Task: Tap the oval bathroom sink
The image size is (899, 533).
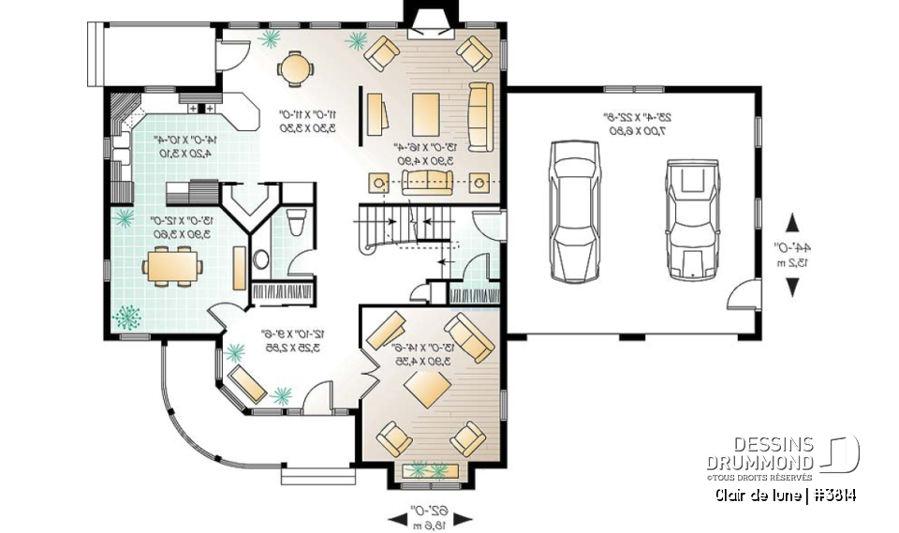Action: tap(261, 259)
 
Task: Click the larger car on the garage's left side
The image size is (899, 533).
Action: tap(570, 211)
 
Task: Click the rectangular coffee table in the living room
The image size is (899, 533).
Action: tap(424, 114)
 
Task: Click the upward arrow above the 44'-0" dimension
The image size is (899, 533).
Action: tap(793, 223)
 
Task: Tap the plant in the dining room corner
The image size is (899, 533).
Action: tap(126, 317)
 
